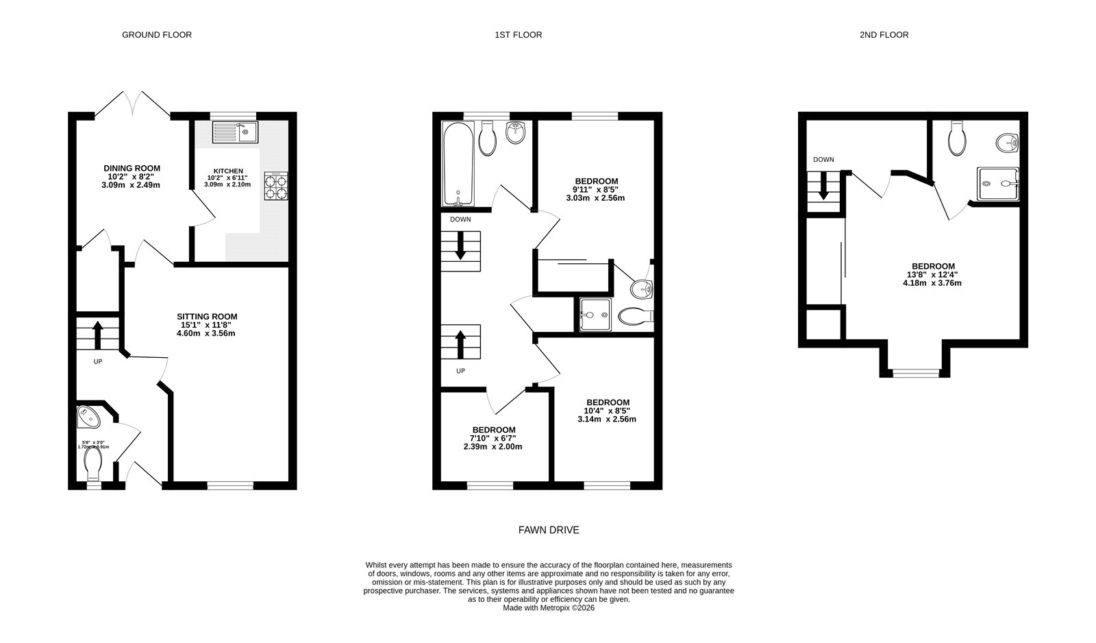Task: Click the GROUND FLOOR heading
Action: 156,34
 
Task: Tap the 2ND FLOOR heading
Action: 884,34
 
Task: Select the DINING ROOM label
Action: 132,168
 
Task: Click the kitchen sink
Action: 234,132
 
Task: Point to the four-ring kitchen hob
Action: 275,186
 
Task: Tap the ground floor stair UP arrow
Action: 97,335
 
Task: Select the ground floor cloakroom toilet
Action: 92,464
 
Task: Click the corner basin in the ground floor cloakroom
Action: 88,414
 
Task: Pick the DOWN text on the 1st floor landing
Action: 460,219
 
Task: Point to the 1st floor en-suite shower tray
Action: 595,315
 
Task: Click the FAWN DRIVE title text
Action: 548,530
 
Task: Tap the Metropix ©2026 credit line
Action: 548,607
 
